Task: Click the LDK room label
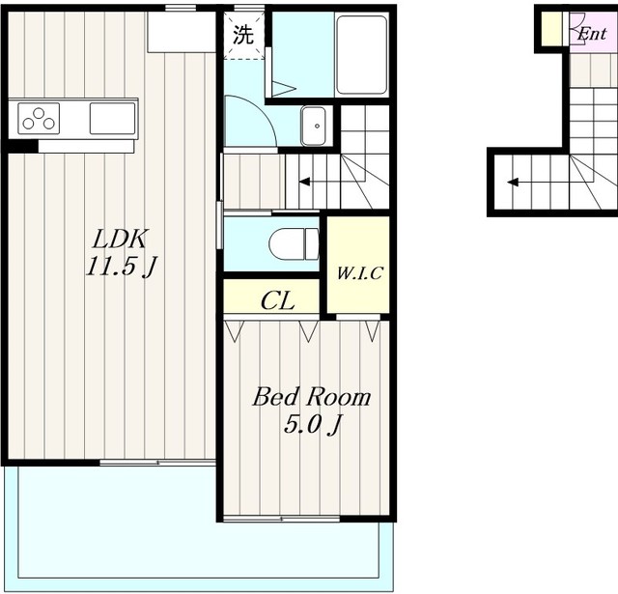click(120, 239)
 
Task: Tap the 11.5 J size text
click(121, 267)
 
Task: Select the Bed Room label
click(311, 397)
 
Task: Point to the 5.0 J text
click(312, 425)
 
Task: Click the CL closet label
click(277, 300)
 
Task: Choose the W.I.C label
click(359, 273)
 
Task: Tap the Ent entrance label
click(592, 35)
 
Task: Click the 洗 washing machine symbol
click(242, 35)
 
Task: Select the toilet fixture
click(294, 244)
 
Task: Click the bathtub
click(362, 55)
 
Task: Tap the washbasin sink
click(313, 126)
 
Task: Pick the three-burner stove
click(39, 119)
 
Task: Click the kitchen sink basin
click(113, 118)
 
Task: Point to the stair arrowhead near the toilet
click(304, 182)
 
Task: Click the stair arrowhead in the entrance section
click(513, 183)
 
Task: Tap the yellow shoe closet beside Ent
click(551, 29)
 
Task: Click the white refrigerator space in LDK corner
click(182, 32)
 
